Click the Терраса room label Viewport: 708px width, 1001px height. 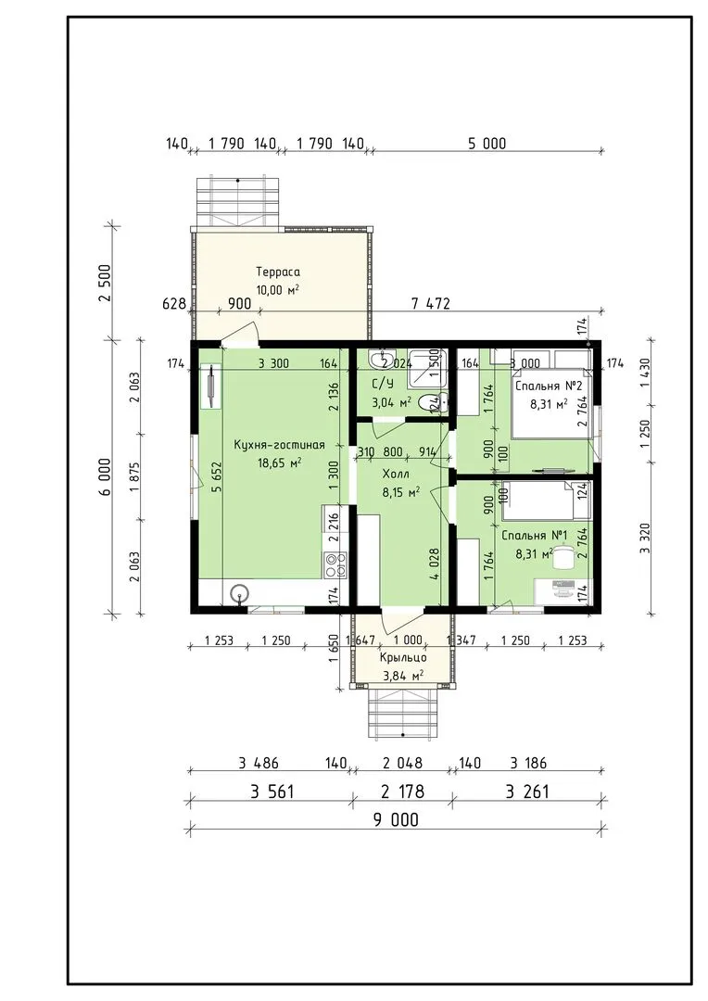click(278, 272)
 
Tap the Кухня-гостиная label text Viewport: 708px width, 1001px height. click(279, 445)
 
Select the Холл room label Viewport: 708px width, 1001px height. click(395, 475)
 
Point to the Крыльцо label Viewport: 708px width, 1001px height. click(403, 657)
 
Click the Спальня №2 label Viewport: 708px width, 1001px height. click(548, 386)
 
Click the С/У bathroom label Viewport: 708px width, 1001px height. click(383, 384)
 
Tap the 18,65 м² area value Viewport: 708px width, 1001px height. click(279, 462)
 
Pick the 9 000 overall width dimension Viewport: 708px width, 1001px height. click(396, 819)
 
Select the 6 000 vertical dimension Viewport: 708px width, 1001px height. click(106, 476)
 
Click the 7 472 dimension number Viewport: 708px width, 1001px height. click(430, 303)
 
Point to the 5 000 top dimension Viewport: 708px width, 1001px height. click(487, 144)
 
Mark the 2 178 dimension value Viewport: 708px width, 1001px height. click(402, 792)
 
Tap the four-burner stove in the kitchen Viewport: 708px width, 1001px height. click(336, 564)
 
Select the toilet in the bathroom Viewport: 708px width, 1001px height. click(439, 402)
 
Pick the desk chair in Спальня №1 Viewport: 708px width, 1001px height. click(562, 557)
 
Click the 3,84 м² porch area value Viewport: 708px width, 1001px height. click(403, 676)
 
